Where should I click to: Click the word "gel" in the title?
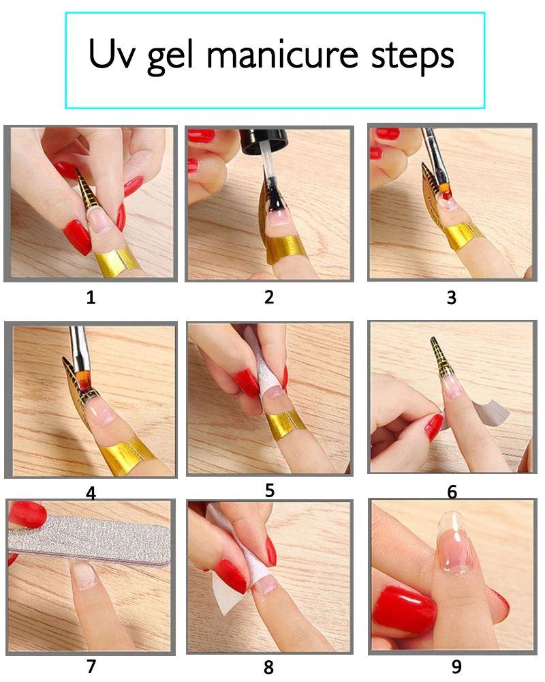click(x=170, y=57)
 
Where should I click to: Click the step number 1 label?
click(x=91, y=298)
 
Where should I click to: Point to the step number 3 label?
click(x=452, y=297)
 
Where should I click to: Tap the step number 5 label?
click(x=270, y=490)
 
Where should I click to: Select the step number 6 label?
click(x=452, y=492)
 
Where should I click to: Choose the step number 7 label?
click(x=91, y=666)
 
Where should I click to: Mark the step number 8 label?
click(x=268, y=667)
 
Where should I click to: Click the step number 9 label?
click(x=456, y=666)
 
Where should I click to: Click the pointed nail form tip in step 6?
click(x=433, y=339)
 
